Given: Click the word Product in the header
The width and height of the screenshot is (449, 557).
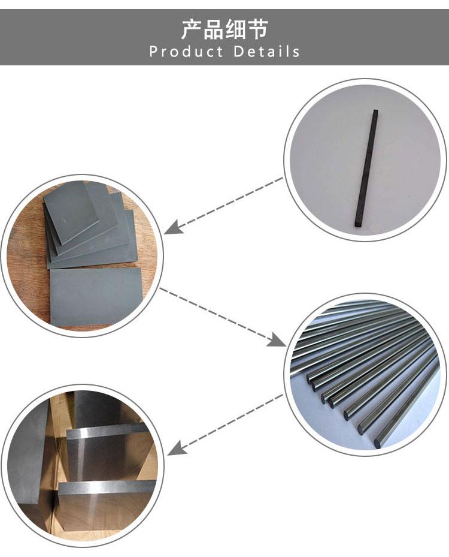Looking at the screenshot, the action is pos(186,52).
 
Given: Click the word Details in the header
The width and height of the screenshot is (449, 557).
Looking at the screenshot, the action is pos(266,52).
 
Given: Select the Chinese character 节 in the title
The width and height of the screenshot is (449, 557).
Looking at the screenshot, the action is pos(257,29).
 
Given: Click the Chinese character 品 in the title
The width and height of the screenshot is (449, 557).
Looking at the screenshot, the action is pos(214,29).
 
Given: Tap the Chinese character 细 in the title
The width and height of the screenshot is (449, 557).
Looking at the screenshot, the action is pos(235,29).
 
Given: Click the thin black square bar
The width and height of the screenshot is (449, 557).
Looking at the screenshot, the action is pos(366,168).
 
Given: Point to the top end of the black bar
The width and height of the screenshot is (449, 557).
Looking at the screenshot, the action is pos(375,111).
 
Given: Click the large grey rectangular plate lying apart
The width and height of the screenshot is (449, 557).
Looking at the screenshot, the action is pos(96,297).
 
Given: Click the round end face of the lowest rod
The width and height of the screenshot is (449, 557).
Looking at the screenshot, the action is pos(377,443).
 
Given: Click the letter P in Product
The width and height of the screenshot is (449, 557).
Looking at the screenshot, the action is pos(153,52).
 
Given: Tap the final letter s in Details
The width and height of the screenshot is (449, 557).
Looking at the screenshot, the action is pos(296,53).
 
